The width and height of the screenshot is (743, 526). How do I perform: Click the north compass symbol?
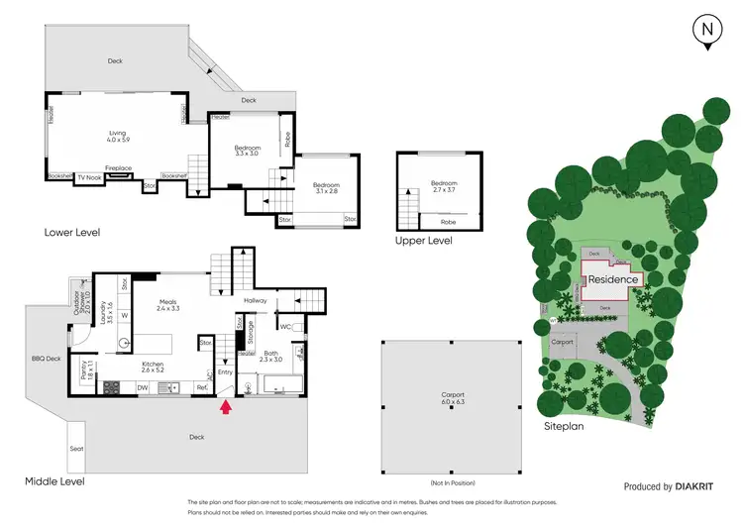point(706,30)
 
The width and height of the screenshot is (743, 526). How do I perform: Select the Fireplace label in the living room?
point(120,168)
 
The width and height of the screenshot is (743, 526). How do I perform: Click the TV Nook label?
point(88,176)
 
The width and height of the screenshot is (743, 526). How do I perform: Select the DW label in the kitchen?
point(143,387)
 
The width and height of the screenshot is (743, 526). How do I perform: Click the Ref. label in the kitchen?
point(201,387)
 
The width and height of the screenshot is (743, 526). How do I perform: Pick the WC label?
point(283,326)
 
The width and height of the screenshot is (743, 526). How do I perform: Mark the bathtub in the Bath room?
point(280,384)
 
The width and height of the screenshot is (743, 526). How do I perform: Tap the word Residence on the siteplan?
point(614,280)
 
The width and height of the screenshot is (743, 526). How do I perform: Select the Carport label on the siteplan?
point(564,341)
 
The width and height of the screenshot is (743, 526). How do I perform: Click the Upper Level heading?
point(424,241)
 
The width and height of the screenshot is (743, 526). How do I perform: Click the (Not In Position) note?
point(452,482)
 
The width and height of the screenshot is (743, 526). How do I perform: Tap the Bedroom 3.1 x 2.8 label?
point(326,188)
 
